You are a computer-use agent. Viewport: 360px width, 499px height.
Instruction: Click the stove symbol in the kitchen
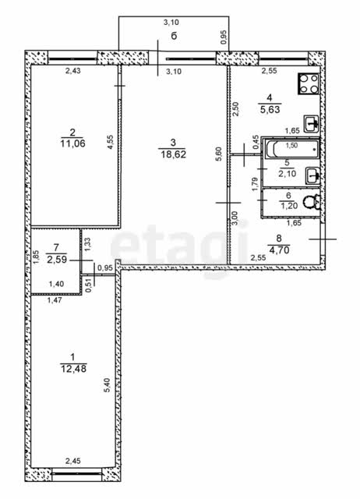[308, 83]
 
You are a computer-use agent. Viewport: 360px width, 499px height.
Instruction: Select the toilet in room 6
[312, 202]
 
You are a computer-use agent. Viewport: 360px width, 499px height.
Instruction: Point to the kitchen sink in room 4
[312, 123]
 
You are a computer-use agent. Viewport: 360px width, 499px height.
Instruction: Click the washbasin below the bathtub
[313, 175]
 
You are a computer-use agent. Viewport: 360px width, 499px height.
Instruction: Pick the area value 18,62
[173, 154]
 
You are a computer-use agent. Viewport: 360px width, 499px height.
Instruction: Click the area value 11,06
[72, 143]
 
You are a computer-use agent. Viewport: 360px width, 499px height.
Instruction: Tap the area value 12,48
[73, 369]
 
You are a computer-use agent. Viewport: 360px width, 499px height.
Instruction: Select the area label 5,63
[270, 109]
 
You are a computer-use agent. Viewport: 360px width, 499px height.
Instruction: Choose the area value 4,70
[279, 250]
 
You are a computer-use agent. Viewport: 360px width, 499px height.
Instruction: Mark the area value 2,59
[57, 260]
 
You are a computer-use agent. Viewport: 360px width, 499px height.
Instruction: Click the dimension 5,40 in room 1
[108, 384]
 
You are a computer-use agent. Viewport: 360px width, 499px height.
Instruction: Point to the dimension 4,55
[110, 142]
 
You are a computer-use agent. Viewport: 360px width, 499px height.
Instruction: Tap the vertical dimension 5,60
[219, 154]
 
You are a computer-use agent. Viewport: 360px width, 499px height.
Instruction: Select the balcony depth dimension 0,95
[224, 37]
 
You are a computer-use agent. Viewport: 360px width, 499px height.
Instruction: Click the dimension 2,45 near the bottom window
[72, 461]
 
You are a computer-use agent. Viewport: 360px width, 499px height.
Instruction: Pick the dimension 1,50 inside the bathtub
[291, 146]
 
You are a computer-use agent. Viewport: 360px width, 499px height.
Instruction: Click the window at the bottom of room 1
[76, 474]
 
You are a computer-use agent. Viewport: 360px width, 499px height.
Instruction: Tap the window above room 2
[72, 59]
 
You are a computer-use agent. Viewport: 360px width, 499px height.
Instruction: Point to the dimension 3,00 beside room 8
[235, 218]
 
